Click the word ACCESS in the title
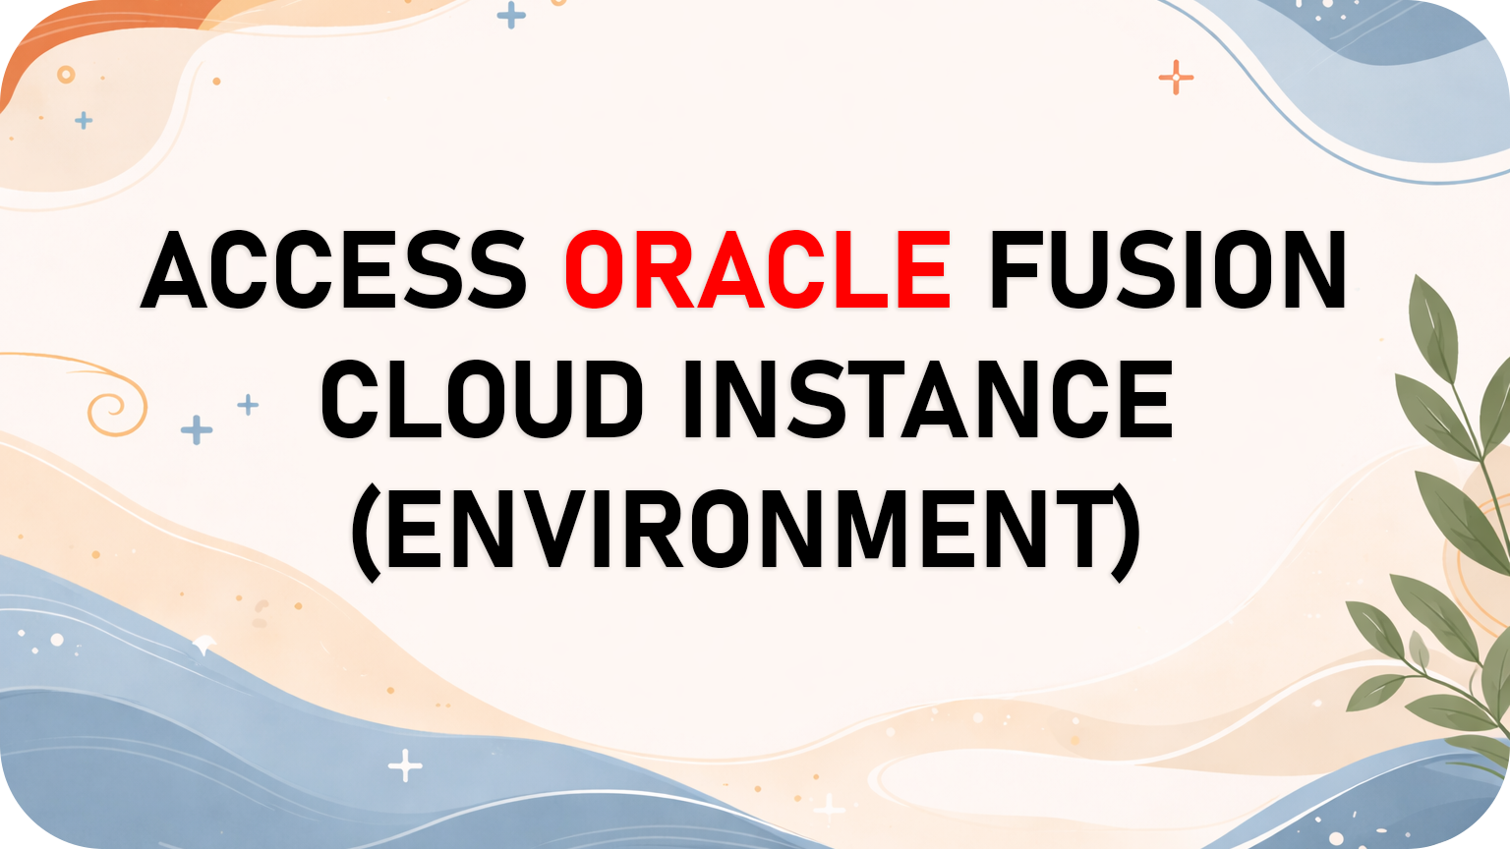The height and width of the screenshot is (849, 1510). point(334,270)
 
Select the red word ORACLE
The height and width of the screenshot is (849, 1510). point(757,270)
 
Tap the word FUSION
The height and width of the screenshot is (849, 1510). point(1167,270)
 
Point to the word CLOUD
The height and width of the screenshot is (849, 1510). point(482,399)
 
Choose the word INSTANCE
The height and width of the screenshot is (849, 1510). point(927,399)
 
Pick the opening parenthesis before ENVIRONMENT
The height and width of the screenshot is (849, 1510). point(367,531)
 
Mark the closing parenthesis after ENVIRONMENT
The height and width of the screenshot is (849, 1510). point(1126,531)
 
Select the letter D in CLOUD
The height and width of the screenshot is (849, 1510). point(610,399)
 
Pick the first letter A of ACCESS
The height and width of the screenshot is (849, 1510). point(181,270)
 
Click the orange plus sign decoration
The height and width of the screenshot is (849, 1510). point(1176,77)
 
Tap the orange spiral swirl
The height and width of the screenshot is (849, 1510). point(116,405)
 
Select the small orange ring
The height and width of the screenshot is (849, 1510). point(66,75)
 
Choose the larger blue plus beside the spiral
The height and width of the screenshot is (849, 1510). point(197,429)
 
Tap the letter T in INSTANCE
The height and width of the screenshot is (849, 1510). point(861,399)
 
